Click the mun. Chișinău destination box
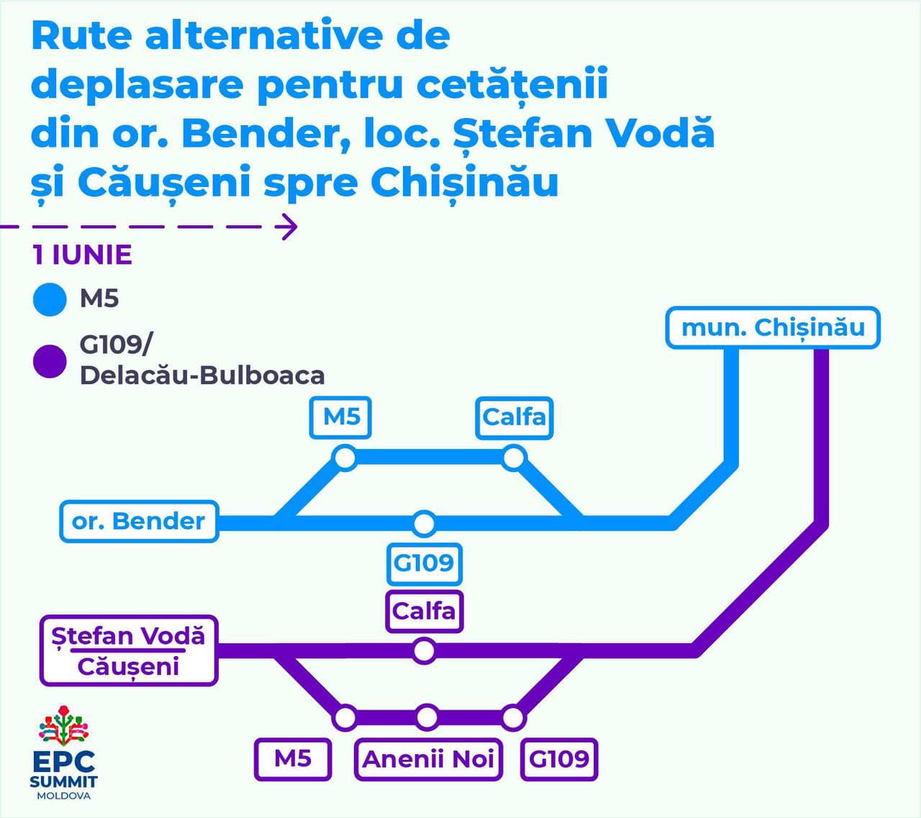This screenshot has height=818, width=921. point(772,328)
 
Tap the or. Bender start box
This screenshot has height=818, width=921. point(139,521)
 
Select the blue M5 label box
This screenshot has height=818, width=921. point(340,417)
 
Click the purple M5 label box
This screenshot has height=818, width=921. point(293,758)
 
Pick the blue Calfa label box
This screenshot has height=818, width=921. point(514,417)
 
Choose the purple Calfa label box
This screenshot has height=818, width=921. point(424,611)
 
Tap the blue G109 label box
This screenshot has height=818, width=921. point(424,562)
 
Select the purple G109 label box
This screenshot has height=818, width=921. point(559,758)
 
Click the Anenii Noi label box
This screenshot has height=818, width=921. point(428,758)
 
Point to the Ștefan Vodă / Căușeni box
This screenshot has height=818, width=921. point(129,650)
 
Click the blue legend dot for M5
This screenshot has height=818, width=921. point(50,299)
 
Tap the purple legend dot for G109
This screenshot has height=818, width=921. point(50,360)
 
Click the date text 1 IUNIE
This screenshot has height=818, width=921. point(83,255)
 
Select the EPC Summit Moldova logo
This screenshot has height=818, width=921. point(63,753)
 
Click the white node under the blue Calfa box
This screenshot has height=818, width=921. point(514,458)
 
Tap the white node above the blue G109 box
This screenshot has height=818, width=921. point(424,523)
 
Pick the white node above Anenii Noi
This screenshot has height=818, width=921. point(427,717)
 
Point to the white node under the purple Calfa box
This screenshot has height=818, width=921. point(424,650)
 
